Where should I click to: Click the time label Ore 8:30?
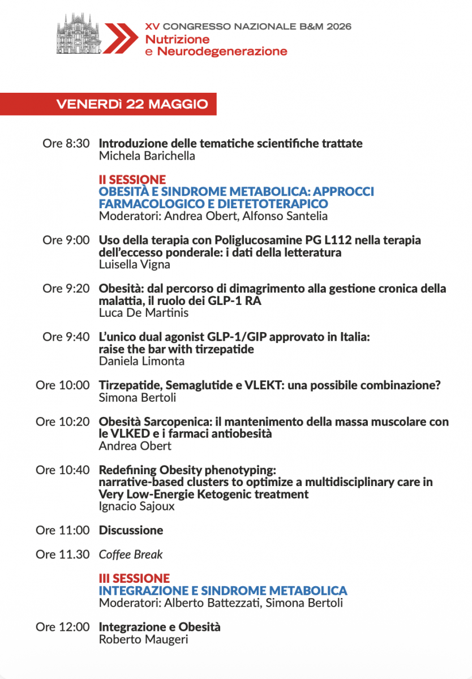tap(66, 144)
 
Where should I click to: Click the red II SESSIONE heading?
tap(132, 180)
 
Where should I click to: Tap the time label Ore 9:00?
tap(66, 240)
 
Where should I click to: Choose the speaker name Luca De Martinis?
tap(144, 313)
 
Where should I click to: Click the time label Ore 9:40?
tap(66, 337)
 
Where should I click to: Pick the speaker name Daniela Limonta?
tap(141, 361)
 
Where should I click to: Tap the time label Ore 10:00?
tap(63, 385)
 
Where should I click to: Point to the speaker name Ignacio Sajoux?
tap(137, 506)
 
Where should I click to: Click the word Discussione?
tap(131, 530)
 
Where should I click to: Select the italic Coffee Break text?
tap(131, 555)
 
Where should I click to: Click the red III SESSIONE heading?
tap(134, 578)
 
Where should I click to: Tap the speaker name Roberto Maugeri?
tap(143, 639)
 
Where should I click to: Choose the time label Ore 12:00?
tap(63, 627)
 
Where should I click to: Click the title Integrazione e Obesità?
tap(160, 627)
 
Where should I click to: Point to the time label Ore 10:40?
tap(63, 470)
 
